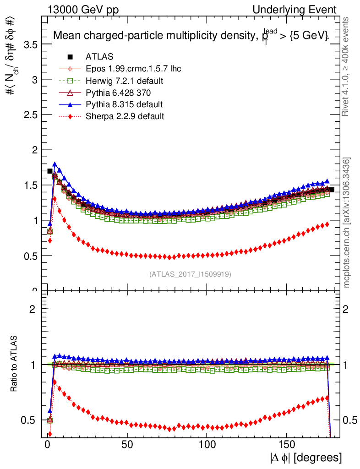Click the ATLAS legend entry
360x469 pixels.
(x=99, y=57)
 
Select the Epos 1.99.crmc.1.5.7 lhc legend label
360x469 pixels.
(x=133, y=69)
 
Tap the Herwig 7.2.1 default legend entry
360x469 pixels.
(x=125, y=81)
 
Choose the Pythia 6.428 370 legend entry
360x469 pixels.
(x=118, y=93)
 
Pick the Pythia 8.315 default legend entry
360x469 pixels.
(x=124, y=104)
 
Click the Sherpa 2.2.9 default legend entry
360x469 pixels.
(x=125, y=116)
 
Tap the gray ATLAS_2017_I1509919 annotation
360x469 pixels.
(x=190, y=274)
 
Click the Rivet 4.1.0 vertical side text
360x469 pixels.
(x=347, y=66)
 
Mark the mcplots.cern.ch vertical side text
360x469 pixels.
(x=347, y=223)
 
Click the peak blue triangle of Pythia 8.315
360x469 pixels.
(x=55, y=164)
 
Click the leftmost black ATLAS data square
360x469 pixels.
(x=50, y=171)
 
